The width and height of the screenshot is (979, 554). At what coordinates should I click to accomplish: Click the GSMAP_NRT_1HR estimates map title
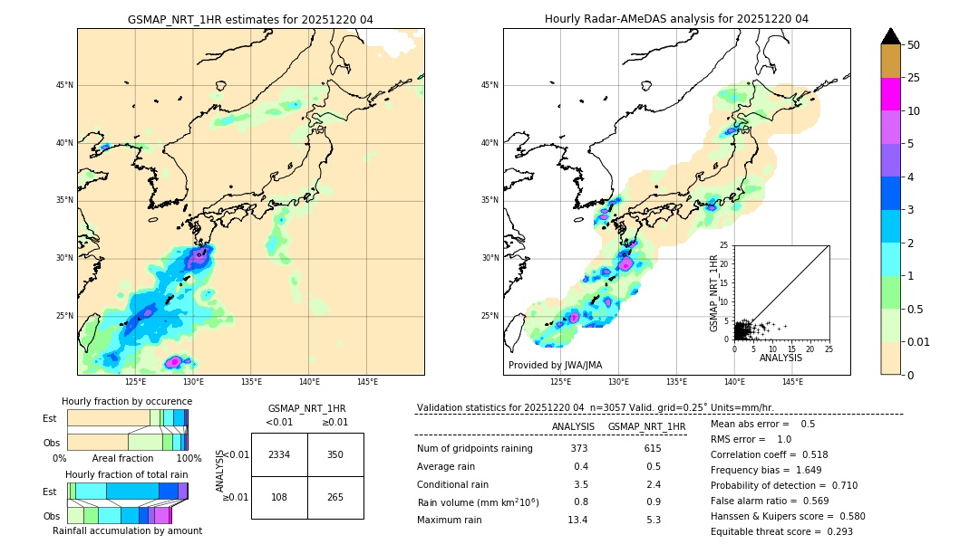(250, 19)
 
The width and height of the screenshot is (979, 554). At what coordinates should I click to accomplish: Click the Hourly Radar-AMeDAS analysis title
(676, 19)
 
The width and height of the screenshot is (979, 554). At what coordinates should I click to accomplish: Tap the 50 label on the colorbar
(914, 45)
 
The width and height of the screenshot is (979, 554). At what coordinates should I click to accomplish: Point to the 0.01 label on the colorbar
(919, 341)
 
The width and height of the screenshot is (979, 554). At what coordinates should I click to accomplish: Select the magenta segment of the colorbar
(890, 94)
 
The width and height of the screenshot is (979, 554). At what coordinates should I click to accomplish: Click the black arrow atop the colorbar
(890, 36)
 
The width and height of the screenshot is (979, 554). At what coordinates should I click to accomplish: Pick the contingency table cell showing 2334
(279, 454)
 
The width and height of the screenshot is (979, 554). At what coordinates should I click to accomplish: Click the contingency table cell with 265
(335, 497)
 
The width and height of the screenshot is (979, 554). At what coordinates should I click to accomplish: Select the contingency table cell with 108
(279, 497)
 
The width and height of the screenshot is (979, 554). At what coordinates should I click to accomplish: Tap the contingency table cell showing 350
(335, 454)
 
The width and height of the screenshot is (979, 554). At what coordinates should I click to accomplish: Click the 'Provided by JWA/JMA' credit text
(555, 366)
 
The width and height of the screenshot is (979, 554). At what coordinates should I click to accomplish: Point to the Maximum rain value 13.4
(578, 520)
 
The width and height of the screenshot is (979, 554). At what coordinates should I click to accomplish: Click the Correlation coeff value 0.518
(809, 454)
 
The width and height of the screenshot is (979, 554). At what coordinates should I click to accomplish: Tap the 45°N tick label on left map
(64, 85)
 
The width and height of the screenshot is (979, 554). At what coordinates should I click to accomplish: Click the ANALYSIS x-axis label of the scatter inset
(781, 358)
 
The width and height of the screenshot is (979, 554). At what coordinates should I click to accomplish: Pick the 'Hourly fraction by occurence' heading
(127, 401)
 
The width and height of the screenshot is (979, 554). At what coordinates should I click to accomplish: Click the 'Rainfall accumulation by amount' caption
(127, 530)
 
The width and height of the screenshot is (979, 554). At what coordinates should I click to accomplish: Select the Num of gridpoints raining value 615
(652, 448)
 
